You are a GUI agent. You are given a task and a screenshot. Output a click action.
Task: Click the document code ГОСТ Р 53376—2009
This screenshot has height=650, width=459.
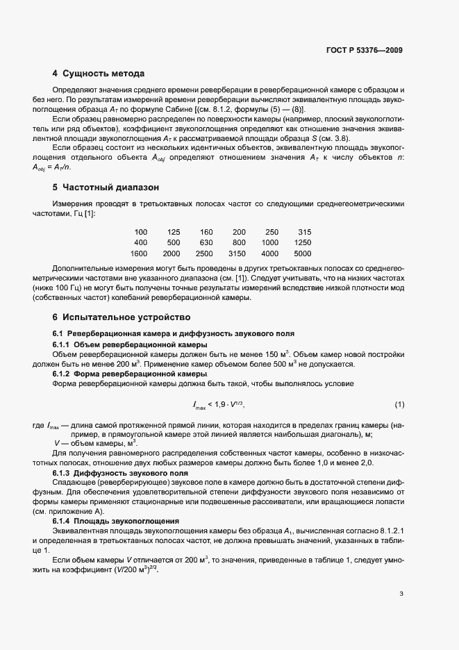(x=364, y=50)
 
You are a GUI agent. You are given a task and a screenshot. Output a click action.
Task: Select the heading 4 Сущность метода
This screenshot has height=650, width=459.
(x=99, y=73)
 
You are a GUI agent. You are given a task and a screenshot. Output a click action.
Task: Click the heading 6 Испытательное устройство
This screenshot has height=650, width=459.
(x=117, y=317)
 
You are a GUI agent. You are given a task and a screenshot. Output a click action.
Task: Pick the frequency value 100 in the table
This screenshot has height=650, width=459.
(x=141, y=231)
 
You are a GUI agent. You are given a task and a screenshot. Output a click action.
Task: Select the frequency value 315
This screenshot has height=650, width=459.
(x=304, y=231)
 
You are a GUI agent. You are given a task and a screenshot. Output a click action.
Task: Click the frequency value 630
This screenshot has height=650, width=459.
(x=206, y=242)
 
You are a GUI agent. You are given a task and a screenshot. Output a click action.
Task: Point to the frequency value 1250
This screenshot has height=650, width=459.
(x=302, y=242)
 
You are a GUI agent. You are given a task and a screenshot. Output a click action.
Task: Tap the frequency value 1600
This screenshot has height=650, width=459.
(x=139, y=253)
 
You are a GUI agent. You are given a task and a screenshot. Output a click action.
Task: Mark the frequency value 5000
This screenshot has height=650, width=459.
(x=302, y=253)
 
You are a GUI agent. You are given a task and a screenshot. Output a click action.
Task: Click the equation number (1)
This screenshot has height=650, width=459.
(x=399, y=404)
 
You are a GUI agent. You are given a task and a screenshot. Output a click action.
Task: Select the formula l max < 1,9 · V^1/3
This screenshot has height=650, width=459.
(x=219, y=404)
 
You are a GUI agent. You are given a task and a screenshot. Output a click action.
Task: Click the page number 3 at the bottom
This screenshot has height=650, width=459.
(x=401, y=594)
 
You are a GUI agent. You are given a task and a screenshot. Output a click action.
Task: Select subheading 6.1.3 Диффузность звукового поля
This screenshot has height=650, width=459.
(x=122, y=472)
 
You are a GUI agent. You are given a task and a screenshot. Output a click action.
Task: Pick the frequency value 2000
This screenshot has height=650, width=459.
(x=172, y=253)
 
